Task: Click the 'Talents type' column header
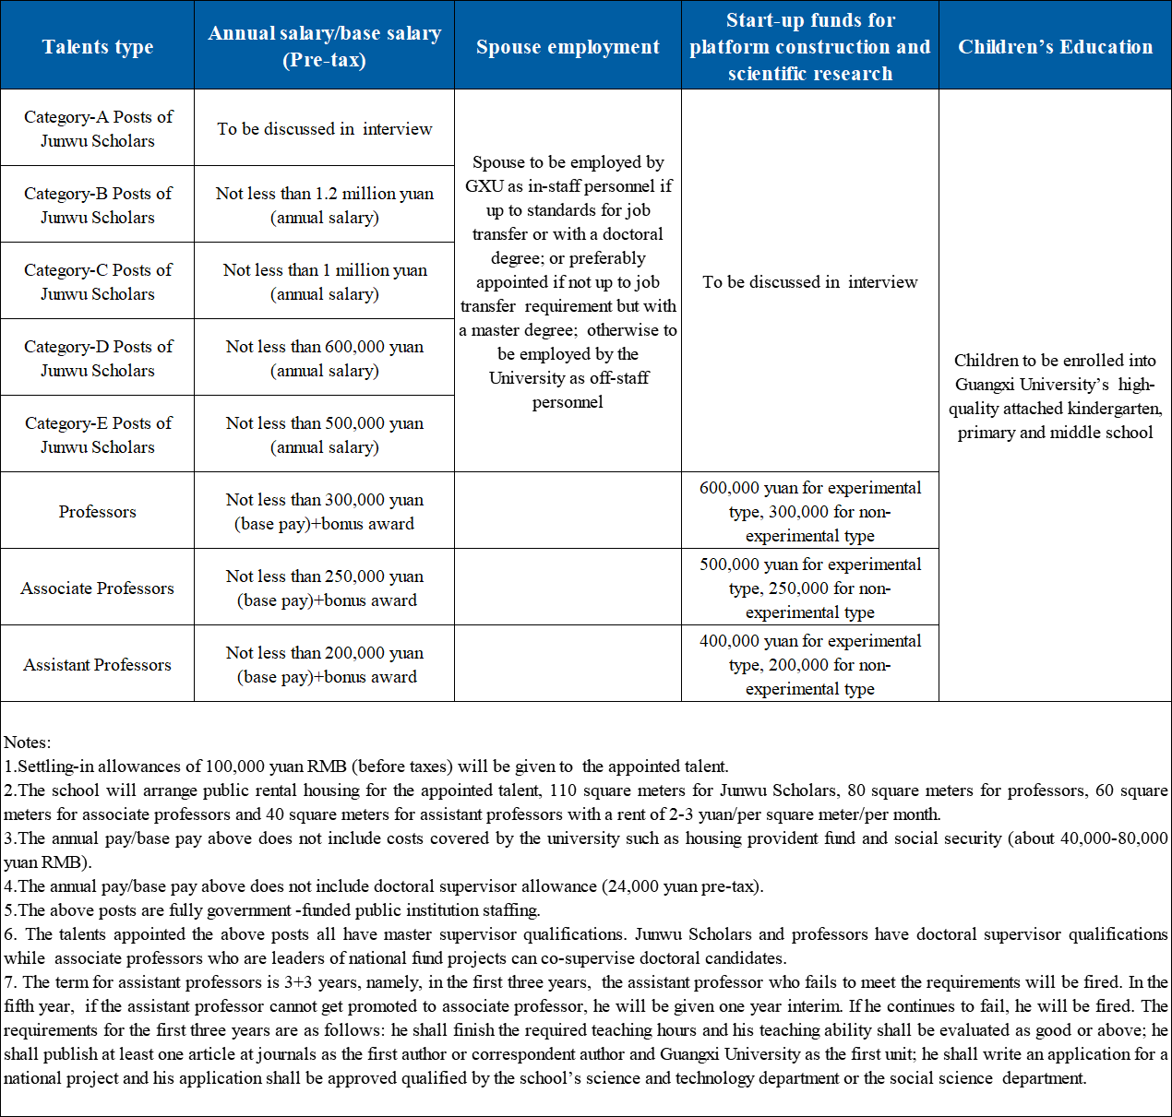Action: coord(98,46)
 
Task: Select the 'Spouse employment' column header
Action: coord(568,46)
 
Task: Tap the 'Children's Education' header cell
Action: coord(1055,46)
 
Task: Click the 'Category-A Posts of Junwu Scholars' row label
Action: coord(98,128)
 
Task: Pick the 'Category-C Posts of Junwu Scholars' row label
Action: coord(98,281)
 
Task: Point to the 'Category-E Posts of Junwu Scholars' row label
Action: coord(98,434)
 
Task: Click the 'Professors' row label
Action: coord(98,511)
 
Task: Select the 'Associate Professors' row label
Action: coord(98,588)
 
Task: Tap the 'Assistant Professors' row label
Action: coord(98,664)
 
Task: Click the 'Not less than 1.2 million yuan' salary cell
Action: coord(324,205)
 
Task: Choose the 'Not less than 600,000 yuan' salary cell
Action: coord(324,358)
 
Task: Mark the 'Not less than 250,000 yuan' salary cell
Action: coord(324,588)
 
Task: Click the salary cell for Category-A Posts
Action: coord(324,128)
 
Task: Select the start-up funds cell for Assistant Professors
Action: coord(809,664)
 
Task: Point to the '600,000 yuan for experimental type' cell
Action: coord(809,511)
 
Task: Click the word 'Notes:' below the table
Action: coord(28,742)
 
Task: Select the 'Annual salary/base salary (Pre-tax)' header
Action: coord(324,46)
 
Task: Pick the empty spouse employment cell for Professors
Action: coord(568,511)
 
